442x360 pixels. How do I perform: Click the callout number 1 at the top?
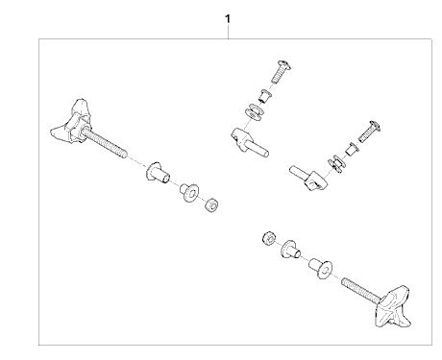click(228, 19)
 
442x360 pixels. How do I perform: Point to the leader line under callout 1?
click(228, 32)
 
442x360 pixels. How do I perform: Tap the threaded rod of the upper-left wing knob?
click(104, 142)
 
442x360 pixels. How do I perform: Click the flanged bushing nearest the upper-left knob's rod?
click(158, 173)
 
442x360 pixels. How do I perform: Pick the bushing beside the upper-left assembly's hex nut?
click(189, 192)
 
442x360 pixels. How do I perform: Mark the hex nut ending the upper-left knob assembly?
click(211, 204)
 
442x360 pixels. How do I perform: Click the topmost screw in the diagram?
click(281, 71)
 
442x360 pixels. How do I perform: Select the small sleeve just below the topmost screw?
click(265, 96)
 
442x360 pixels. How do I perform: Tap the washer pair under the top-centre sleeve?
click(254, 112)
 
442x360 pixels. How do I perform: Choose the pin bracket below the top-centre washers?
click(249, 141)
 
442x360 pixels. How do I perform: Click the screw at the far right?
click(369, 132)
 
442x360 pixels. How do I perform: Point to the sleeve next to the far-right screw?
click(352, 150)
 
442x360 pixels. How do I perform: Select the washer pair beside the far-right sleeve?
click(337, 164)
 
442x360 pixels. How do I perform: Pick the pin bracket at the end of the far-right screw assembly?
click(309, 179)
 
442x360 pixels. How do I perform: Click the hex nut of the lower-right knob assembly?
click(269, 238)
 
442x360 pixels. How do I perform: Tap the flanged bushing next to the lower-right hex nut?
click(291, 250)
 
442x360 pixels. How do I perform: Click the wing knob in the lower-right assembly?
click(393, 307)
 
